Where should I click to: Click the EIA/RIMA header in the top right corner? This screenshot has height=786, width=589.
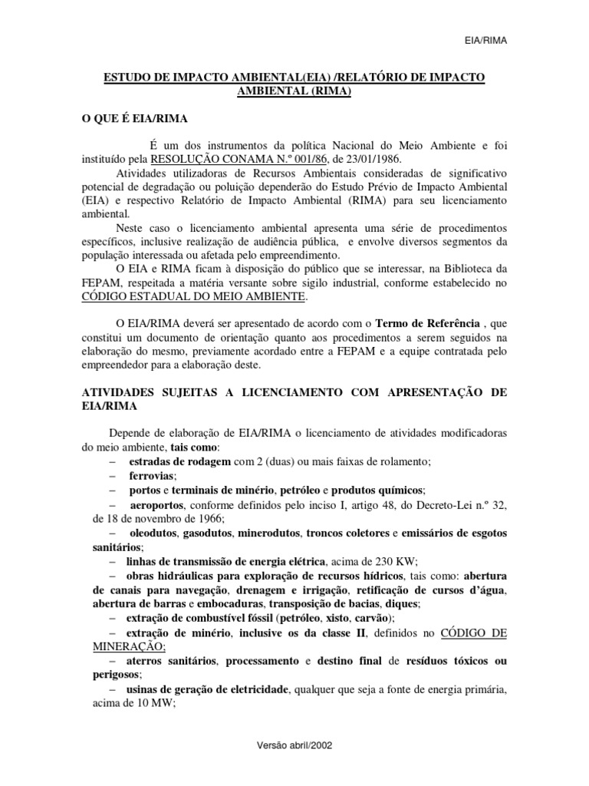point(488,40)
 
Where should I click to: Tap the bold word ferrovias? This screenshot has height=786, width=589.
point(153,475)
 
